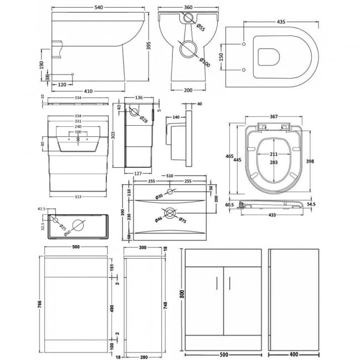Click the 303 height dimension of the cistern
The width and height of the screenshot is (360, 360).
click(x=114, y=135)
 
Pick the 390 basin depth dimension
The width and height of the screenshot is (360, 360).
click(x=124, y=214)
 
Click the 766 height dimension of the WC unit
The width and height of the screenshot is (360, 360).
click(x=37, y=305)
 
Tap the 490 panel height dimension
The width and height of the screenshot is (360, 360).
click(x=114, y=308)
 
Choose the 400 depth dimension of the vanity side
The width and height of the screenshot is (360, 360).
click(x=294, y=353)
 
